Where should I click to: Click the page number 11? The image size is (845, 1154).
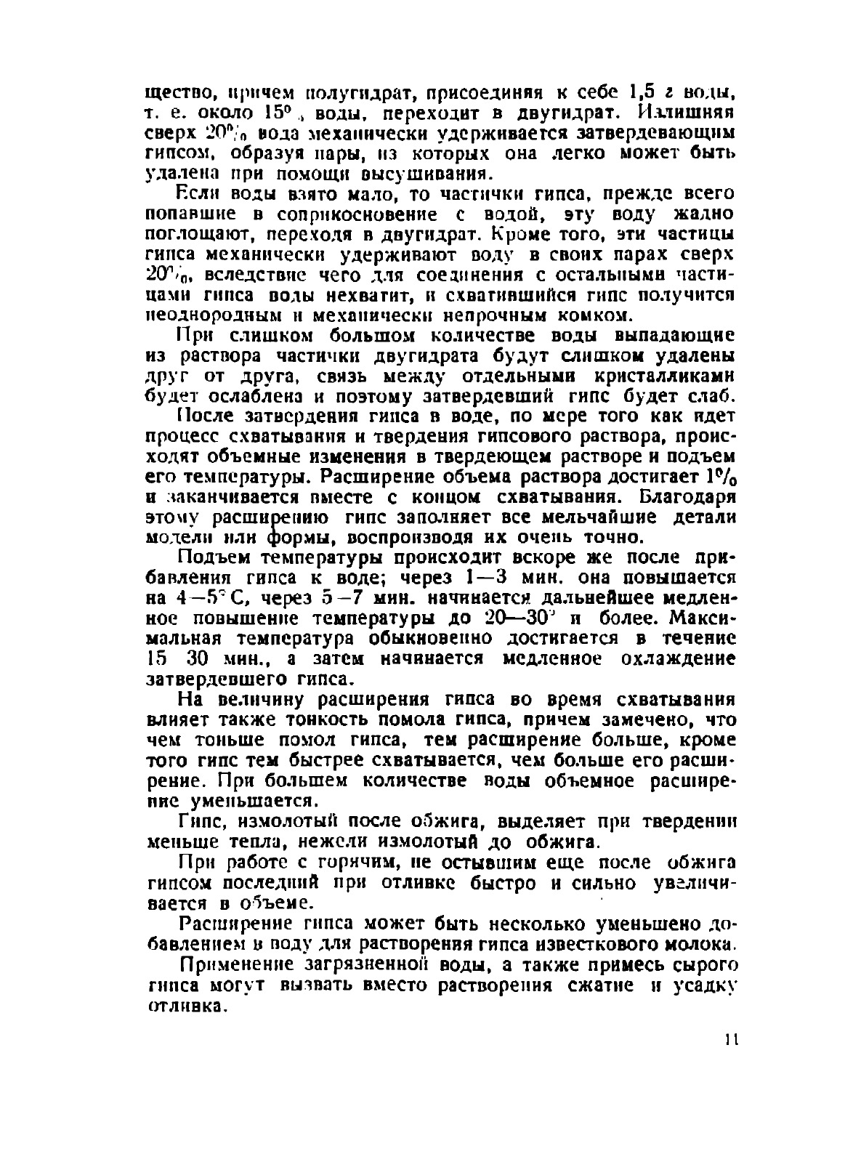pyautogui.click(x=730, y=1040)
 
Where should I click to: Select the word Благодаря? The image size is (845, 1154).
pyautogui.click(x=688, y=498)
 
